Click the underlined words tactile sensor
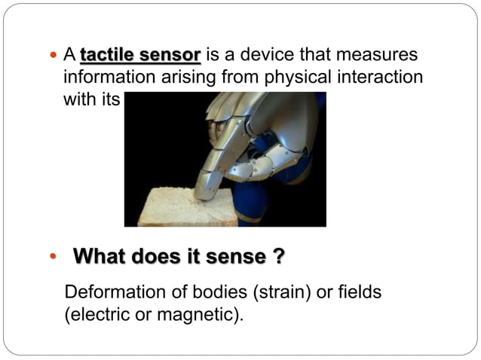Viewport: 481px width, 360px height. pos(140,56)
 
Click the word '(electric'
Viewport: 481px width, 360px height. pos(97,314)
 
